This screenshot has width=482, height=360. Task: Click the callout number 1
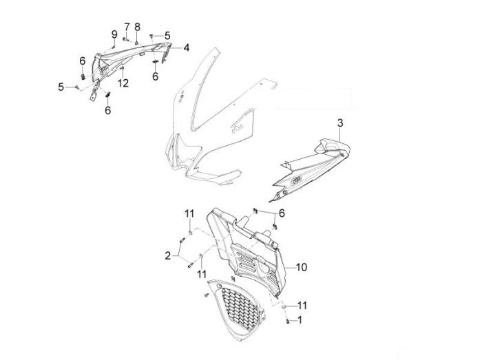pos(300,320)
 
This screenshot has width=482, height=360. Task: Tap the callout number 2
pos(168,255)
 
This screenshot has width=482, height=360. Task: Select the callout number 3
pos(340,123)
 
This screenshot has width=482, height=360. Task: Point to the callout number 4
pos(187,48)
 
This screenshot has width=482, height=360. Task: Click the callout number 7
pos(127,27)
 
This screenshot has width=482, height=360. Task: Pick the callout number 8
pos(137,27)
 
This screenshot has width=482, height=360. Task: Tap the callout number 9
pos(114,34)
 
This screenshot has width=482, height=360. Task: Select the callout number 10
pos(302,267)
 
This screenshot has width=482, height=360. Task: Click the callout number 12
pos(123,83)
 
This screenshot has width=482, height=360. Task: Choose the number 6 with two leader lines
pos(282,213)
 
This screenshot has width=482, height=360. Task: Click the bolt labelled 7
pos(125,39)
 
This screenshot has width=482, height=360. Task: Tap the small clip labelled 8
pos(137,42)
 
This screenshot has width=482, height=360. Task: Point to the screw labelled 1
pos(288,321)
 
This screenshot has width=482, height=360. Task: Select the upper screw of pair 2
pos(182,240)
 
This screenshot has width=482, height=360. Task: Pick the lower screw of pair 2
pos(190,265)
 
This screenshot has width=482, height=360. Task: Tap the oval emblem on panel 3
pos(296,180)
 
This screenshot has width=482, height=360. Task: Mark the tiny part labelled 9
pos(113,47)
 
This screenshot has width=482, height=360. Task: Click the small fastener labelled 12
pos(122,67)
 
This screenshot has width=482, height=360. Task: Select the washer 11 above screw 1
pos(284,306)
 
